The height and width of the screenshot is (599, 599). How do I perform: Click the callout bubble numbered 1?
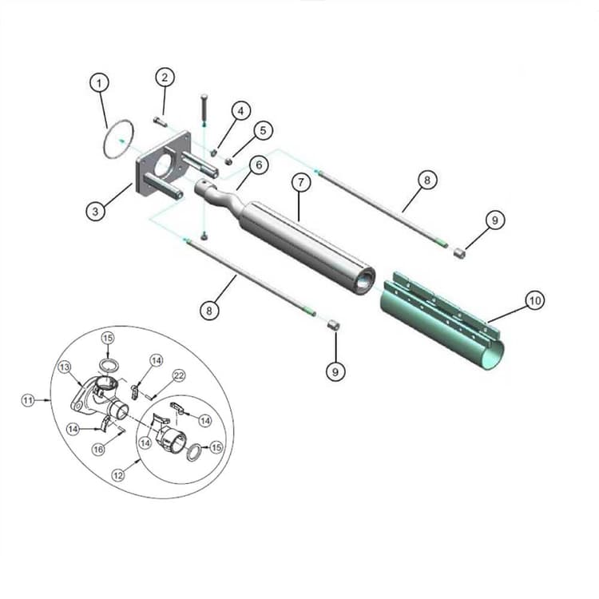pos(99,82)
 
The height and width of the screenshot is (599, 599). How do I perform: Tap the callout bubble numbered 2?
pos(165,77)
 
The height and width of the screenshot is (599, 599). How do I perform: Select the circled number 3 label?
pos(96,211)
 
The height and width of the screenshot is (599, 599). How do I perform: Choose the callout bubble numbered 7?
pos(300,183)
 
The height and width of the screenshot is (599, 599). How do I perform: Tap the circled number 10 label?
pos(534,300)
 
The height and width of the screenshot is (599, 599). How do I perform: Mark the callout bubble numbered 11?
pos(29,400)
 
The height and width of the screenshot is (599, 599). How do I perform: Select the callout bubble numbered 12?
pos(118,474)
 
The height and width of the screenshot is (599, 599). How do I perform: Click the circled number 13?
pos(65,367)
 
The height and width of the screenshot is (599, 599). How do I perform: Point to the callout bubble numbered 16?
pos(98,450)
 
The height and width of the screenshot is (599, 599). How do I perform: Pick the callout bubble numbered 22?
pos(179,375)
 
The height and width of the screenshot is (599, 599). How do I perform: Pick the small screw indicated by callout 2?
pos(159,122)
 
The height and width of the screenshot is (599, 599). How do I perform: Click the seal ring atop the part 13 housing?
pos(109,364)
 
